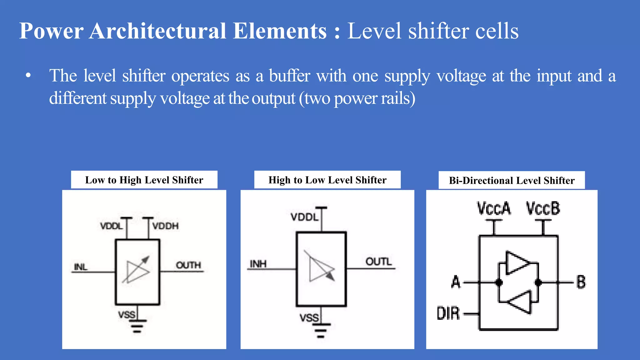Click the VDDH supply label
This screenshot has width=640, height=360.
pos(165,226)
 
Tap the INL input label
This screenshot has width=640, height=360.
pos(80,267)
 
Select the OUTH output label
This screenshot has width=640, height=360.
pos(188,265)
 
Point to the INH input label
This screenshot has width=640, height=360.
pos(258,264)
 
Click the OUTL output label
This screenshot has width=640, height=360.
pos(378,261)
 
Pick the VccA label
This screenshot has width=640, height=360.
pos(494,208)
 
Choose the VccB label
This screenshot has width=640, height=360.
pos(543,208)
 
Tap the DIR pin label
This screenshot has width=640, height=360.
pos(448,313)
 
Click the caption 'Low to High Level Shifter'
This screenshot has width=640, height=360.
pos(144,180)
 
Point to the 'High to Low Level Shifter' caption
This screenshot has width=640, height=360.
pos(327,180)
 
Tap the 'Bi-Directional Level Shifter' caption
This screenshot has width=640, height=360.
pos(512,180)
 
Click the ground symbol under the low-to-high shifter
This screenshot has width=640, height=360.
pos(137,326)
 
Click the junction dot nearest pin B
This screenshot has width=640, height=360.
pos(538,282)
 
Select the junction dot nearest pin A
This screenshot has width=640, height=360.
pos(499,282)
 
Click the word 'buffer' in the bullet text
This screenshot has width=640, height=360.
pos(289,76)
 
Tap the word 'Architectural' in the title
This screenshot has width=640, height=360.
pos(157,31)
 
